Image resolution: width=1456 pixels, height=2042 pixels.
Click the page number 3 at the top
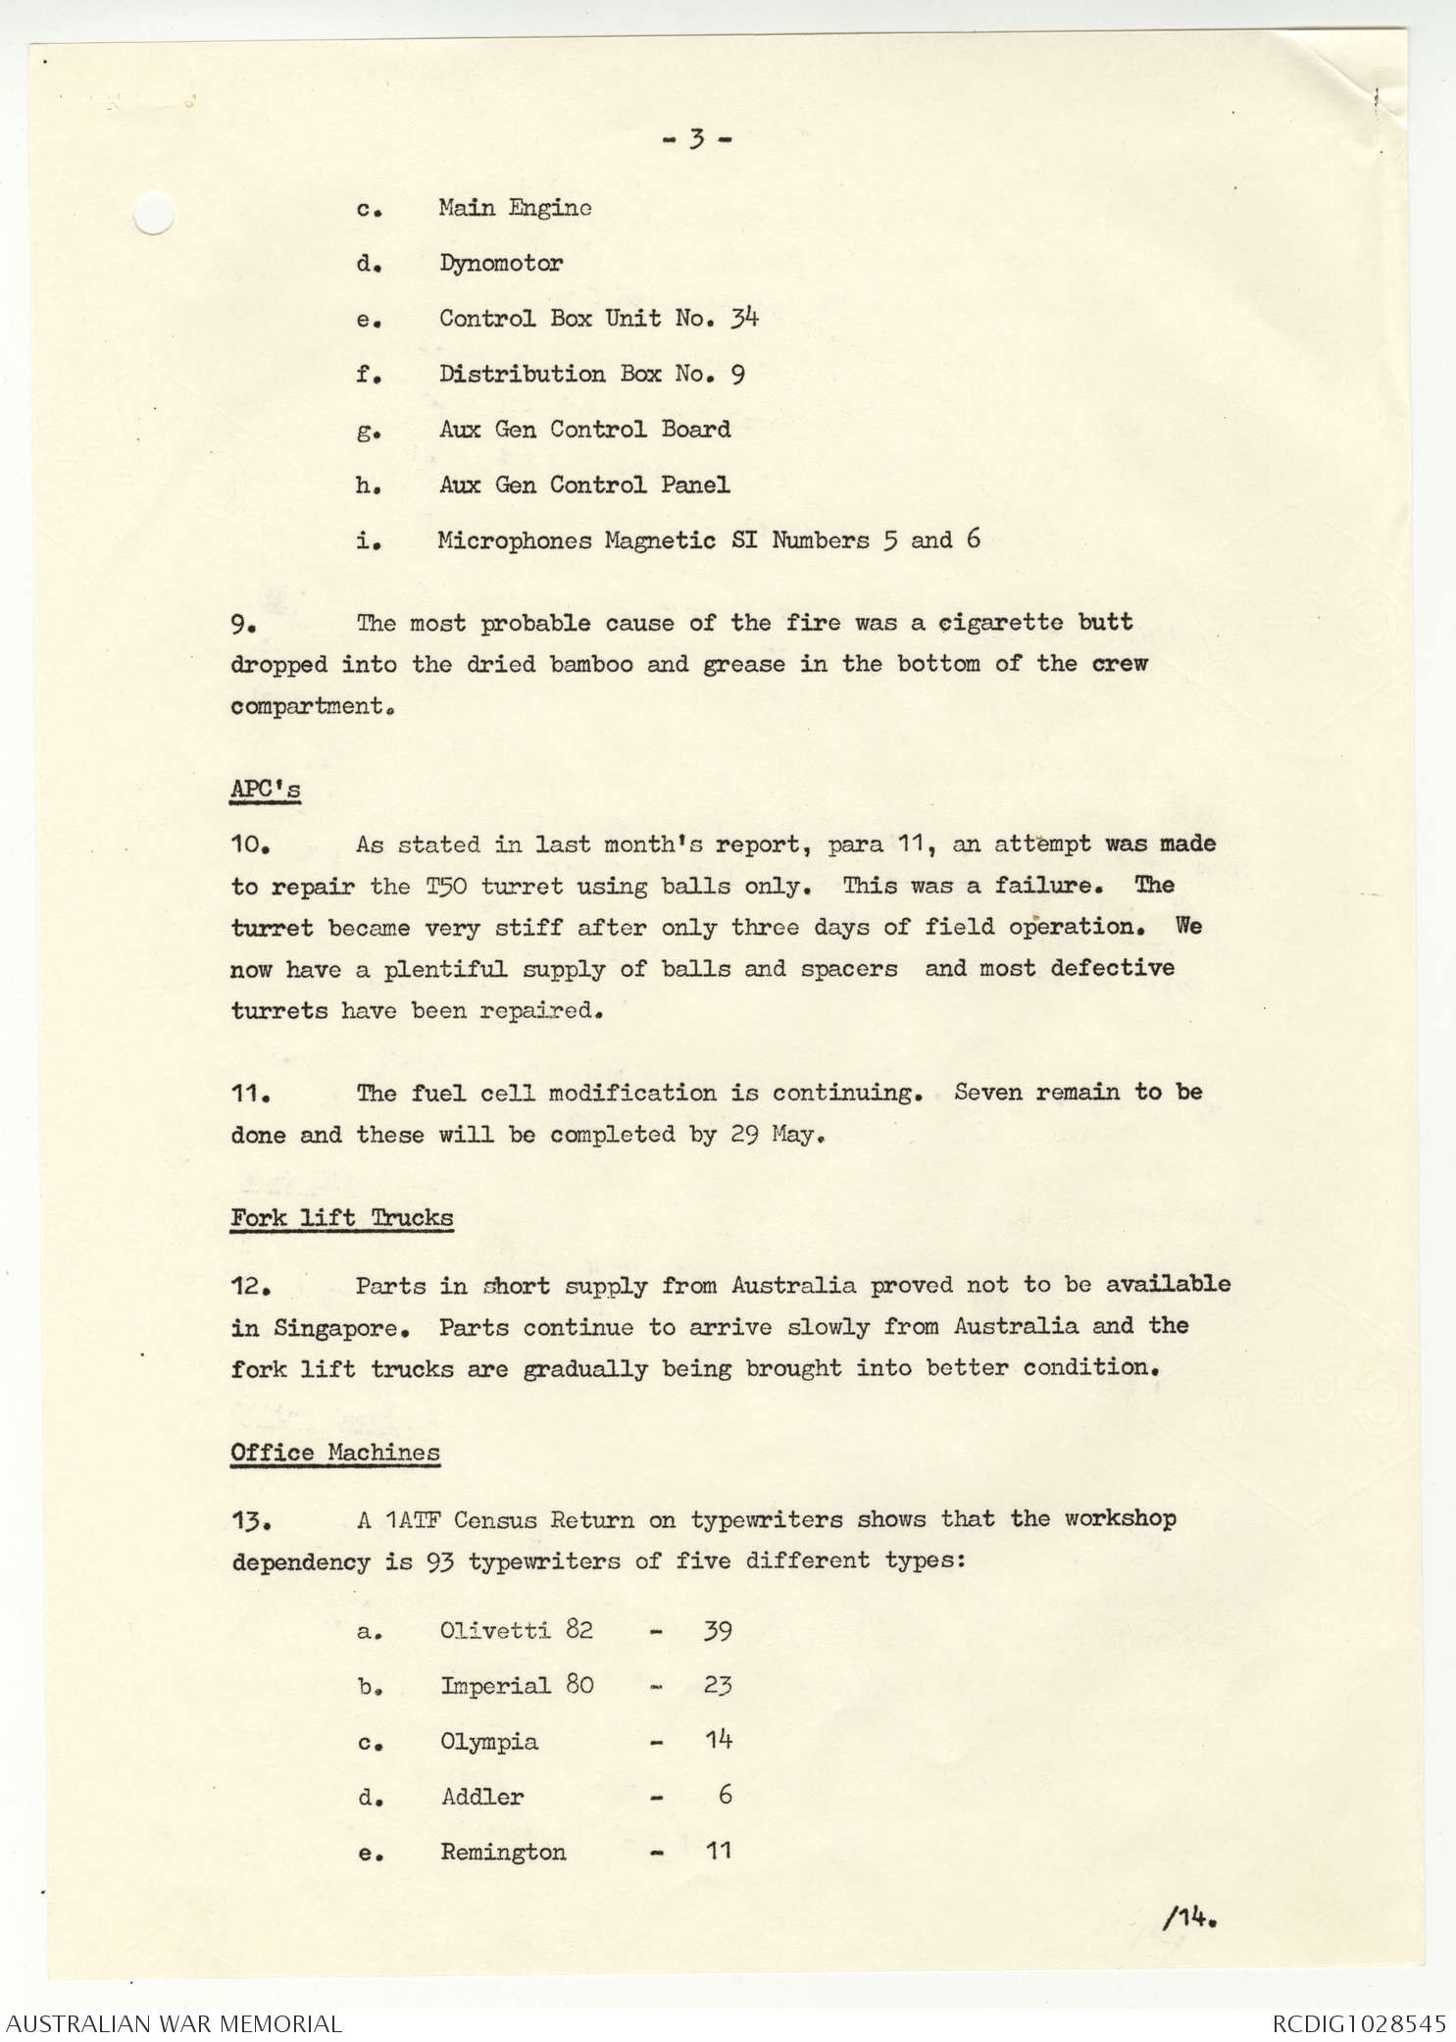[696, 139]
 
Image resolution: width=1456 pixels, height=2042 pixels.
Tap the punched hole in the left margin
[153, 213]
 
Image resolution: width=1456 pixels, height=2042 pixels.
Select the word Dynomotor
[500, 264]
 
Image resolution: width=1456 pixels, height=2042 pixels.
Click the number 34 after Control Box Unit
[744, 318]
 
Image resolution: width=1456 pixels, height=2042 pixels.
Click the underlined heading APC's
[265, 790]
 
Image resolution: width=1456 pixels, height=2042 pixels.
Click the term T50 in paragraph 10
[447, 887]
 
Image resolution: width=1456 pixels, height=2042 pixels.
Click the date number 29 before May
[744, 1135]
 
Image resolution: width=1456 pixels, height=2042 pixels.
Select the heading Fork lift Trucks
[341, 1218]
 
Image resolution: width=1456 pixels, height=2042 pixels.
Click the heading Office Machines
[335, 1453]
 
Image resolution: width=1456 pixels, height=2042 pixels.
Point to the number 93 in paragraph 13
[440, 1561]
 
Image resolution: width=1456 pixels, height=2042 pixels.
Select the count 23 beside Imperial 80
[718, 1686]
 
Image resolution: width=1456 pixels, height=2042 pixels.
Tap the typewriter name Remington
[503, 1853]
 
